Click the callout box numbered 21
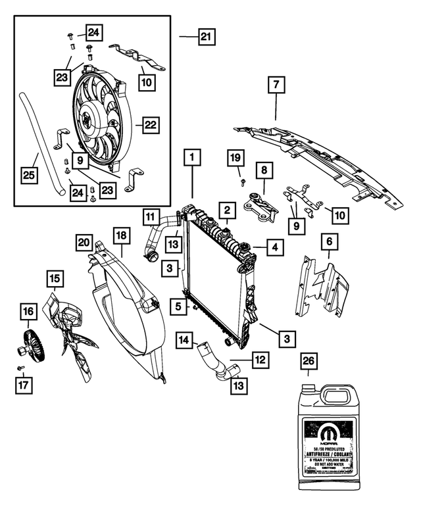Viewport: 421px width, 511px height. click(x=206, y=37)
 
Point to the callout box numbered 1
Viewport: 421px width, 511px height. click(x=193, y=158)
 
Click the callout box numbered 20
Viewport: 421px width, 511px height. click(x=84, y=243)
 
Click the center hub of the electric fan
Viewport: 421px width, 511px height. click(x=86, y=122)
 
